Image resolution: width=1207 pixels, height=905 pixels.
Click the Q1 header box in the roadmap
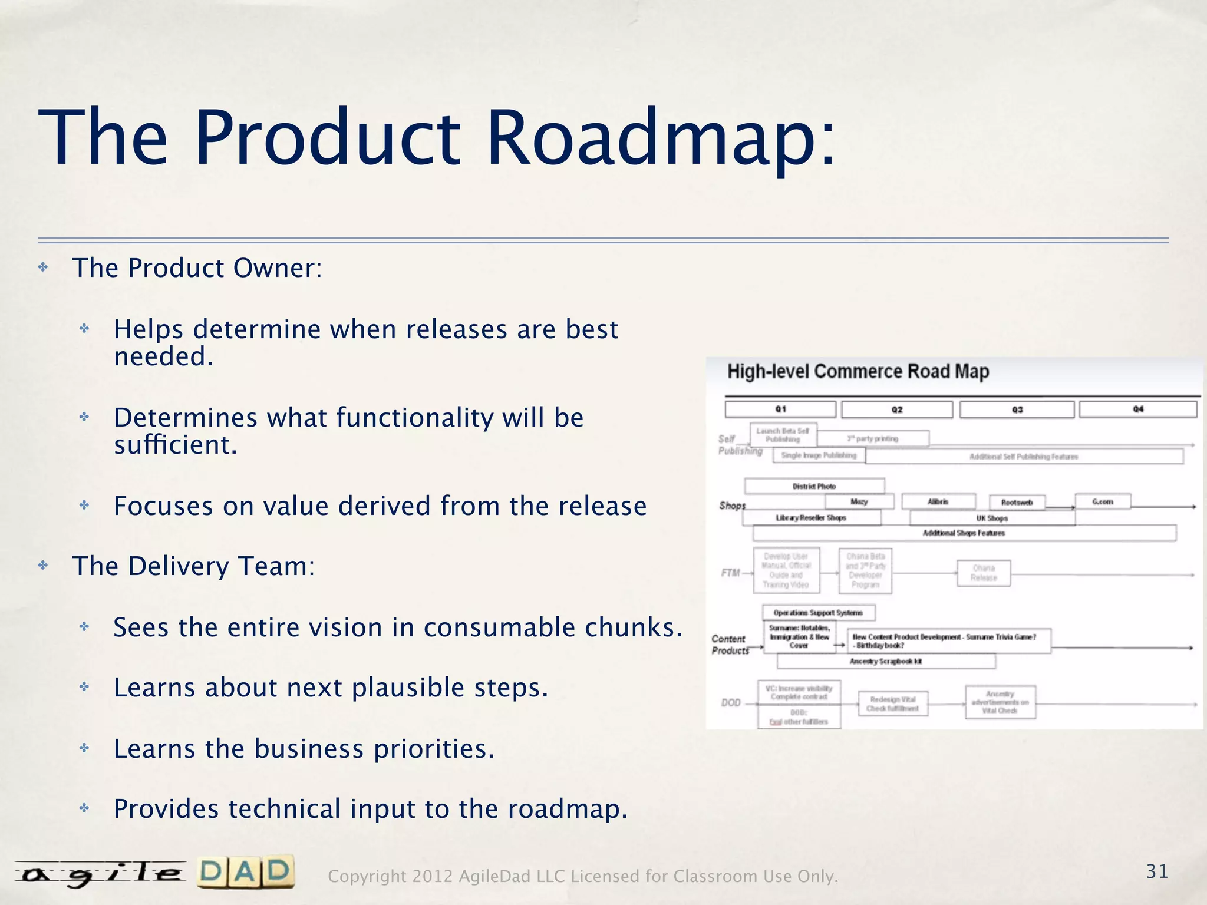pos(780,409)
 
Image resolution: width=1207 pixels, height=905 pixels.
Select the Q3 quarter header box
pos(1017,409)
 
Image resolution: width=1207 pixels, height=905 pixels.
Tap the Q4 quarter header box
pos(1137,409)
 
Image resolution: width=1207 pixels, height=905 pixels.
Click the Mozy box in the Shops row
pos(859,501)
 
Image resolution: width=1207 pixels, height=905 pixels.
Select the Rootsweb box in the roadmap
pos(1017,503)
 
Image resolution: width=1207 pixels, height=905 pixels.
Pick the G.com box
pos(1102,501)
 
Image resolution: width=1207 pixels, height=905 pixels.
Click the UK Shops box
pos(992,518)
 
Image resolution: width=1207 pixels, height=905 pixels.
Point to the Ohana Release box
pos(984,573)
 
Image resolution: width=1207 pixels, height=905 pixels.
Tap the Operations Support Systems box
pos(818,613)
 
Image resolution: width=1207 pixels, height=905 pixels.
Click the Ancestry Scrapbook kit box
pos(886,661)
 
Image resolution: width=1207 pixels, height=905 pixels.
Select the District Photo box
pos(814,486)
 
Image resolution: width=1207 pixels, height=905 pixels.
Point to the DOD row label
pos(731,702)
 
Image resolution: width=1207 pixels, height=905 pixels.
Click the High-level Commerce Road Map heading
pos(858,372)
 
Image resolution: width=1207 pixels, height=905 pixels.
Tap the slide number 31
pos(1157,871)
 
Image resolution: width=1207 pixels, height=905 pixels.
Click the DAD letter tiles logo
pos(245,872)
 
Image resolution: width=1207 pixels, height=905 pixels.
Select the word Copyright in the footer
pos(366,877)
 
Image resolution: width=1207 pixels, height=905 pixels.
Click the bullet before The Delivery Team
pos(43,566)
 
